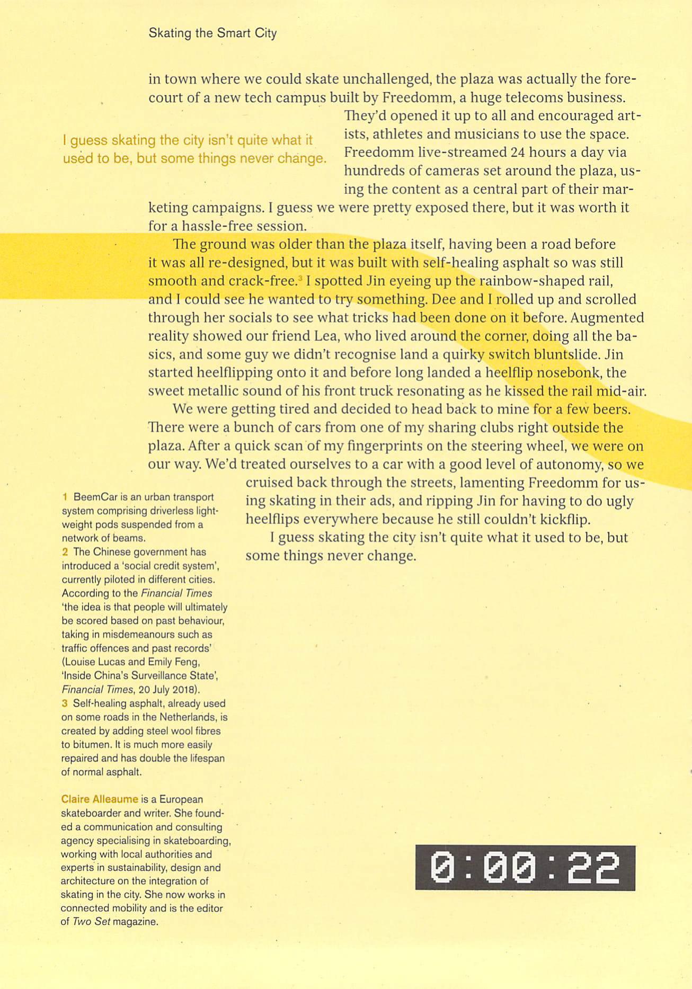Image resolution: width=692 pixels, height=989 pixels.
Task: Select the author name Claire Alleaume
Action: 100,799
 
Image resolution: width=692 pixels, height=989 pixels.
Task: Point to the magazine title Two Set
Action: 91,921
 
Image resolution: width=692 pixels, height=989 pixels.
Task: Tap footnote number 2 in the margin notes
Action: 65,552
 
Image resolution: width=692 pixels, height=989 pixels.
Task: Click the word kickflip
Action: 563,519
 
